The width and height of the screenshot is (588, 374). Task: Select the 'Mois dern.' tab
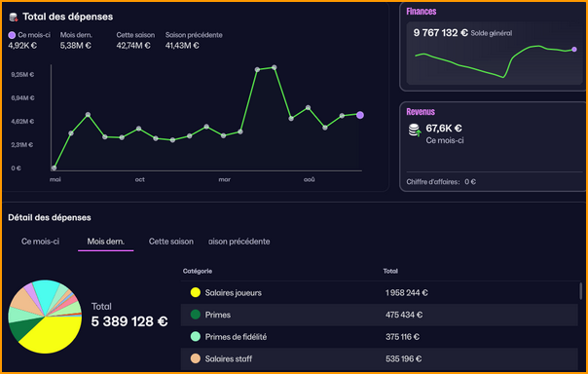(105, 241)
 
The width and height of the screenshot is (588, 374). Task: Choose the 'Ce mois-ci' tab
(41, 241)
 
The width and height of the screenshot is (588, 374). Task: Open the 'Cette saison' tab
(170, 241)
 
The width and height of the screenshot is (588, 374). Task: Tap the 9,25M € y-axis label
(22, 74)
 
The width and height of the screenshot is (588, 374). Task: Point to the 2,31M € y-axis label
(22, 144)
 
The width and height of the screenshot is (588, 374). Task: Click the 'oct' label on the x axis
(140, 179)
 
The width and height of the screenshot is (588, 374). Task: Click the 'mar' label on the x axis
(225, 179)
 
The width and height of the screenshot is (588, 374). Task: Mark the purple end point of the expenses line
(360, 115)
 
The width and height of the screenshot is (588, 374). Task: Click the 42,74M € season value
(132, 45)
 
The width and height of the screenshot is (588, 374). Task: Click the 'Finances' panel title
(422, 12)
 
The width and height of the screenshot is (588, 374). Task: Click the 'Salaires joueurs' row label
(233, 292)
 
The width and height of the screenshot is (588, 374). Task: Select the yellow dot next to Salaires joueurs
(195, 292)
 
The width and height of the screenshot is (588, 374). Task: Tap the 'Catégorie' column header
(198, 271)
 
